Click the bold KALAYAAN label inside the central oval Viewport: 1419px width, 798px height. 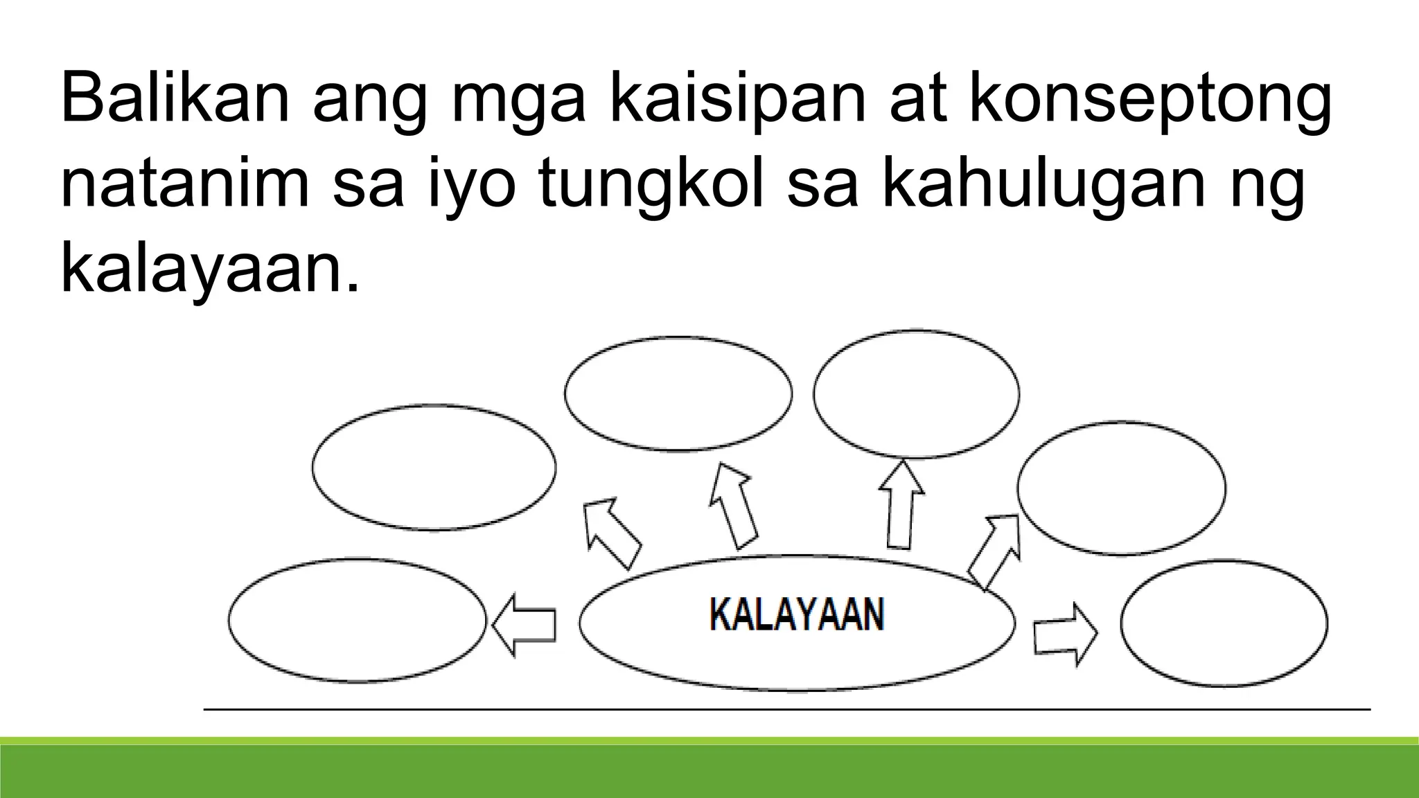pyautogui.click(x=797, y=615)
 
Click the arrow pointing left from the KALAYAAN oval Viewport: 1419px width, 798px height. pyautogui.click(x=525, y=624)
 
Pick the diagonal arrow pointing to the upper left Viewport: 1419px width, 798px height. pyautogui.click(x=610, y=532)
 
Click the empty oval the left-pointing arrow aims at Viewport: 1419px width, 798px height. pyautogui.click(x=358, y=620)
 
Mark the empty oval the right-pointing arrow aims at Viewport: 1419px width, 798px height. pyautogui.click(x=1224, y=623)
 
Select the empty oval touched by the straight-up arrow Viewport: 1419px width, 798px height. pyautogui.click(x=916, y=393)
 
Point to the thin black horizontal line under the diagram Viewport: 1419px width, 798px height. pyautogui.click(x=787, y=709)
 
